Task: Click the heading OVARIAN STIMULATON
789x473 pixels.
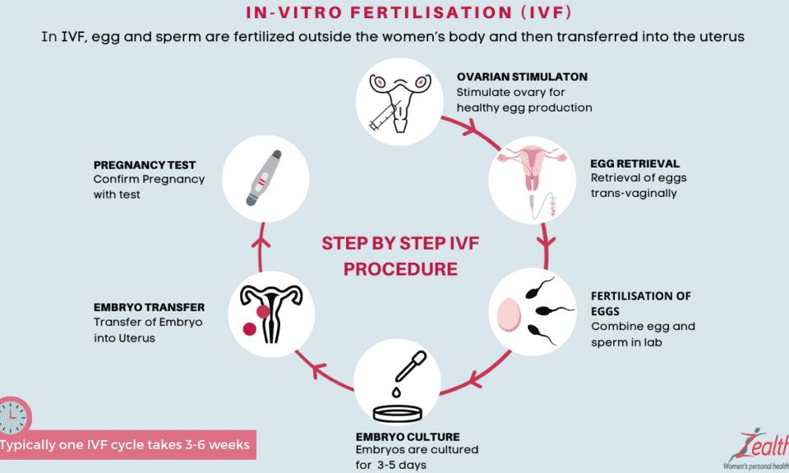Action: pos(522,77)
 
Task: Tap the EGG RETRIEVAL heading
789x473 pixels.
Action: pos(634,164)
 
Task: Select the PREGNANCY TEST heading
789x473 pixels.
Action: pos(145,165)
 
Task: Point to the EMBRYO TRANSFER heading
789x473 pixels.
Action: pos(149,307)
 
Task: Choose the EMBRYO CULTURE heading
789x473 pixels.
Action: pos(408,437)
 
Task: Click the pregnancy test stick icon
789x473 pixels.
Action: pos(264,178)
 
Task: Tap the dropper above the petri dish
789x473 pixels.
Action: pos(409,367)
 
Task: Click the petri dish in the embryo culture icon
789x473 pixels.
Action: pos(398,414)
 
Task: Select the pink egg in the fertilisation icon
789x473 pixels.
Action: pos(509,315)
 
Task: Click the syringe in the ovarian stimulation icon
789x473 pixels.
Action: pos(385,116)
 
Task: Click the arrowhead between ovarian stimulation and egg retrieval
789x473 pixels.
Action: pos(470,127)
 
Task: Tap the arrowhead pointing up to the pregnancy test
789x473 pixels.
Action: pos(261,242)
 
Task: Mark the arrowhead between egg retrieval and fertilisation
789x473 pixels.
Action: pos(546,241)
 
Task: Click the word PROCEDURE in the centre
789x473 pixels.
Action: pos(400,269)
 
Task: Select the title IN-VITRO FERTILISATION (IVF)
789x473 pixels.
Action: pos(408,12)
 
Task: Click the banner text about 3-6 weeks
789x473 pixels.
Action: pos(125,445)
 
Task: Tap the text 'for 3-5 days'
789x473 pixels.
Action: pos(391,465)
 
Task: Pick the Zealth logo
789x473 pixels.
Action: pos(757,449)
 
